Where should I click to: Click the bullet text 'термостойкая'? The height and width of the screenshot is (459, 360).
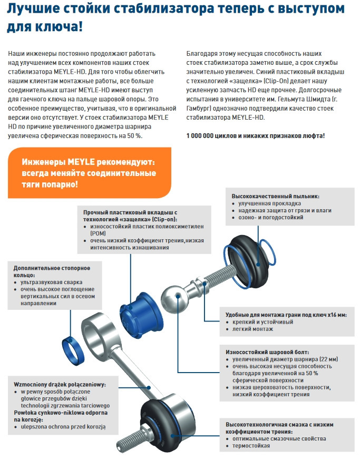(251, 446)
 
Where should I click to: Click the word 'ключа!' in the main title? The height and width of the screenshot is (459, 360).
(60, 26)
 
